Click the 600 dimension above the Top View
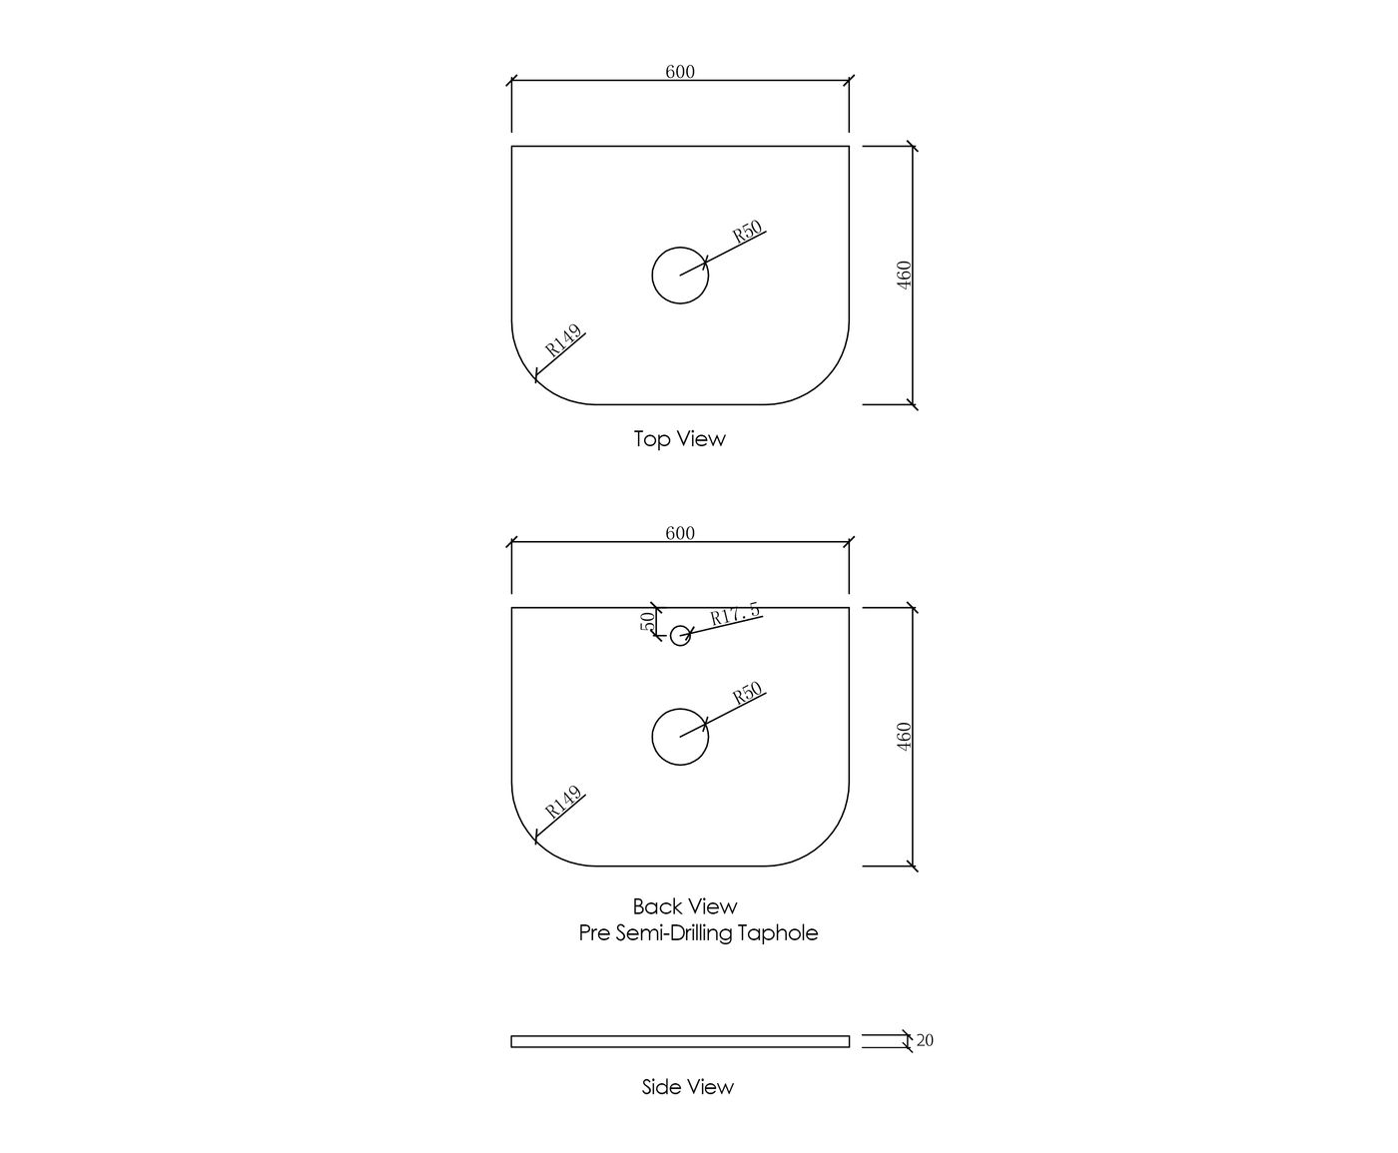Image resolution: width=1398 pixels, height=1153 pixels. [x=680, y=72]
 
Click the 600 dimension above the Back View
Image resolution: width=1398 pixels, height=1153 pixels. [x=680, y=533]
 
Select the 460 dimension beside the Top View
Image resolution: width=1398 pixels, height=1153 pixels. [x=904, y=275]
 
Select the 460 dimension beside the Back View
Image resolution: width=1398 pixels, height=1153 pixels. [x=904, y=737]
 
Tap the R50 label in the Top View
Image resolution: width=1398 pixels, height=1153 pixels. [x=748, y=232]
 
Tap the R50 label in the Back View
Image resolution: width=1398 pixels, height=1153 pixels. [x=748, y=693]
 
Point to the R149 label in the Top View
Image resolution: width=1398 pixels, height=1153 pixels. [x=563, y=342]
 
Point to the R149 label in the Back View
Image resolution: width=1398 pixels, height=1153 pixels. [x=563, y=803]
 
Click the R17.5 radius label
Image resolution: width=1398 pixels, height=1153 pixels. [x=735, y=614]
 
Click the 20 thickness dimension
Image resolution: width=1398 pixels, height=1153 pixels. [x=925, y=1040]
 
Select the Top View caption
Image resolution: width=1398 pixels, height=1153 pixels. [x=679, y=438]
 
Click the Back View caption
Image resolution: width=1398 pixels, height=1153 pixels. [x=685, y=906]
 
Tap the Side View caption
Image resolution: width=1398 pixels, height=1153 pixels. [x=687, y=1086]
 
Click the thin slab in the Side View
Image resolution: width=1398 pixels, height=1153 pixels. [x=680, y=1041]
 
